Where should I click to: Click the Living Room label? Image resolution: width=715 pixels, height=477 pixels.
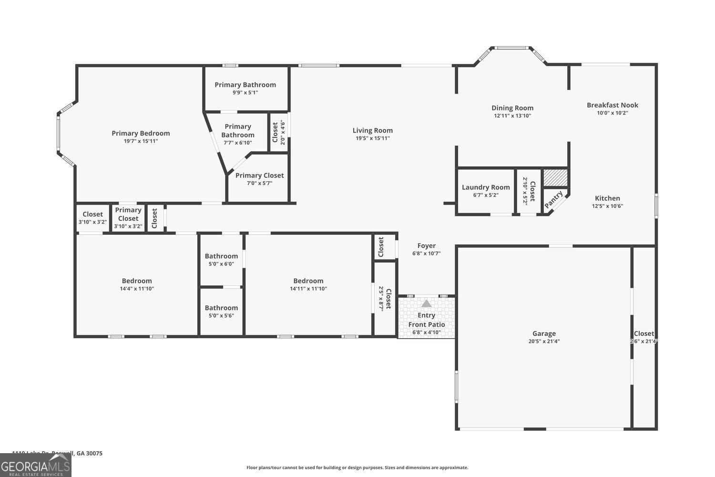(372, 130)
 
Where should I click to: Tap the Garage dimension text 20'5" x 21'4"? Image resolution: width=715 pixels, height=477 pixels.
(544, 342)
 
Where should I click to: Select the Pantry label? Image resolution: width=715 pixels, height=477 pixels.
(554, 199)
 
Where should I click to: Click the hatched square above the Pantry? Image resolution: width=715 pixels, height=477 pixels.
(556, 178)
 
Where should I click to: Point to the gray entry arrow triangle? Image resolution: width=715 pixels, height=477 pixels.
(426, 303)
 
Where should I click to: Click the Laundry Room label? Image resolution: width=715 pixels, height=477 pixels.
(485, 187)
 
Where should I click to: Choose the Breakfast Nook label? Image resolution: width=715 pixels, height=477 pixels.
(612, 105)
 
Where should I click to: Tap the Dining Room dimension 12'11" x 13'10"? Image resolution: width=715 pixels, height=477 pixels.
(512, 116)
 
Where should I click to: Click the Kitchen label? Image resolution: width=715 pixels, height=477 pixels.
(607, 198)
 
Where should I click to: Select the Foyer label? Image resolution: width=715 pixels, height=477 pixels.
(426, 246)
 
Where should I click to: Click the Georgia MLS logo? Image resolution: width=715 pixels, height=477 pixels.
(35, 465)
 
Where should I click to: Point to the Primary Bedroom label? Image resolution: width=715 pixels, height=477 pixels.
(141, 134)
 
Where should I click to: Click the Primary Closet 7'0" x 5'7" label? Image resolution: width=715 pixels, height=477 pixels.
(259, 176)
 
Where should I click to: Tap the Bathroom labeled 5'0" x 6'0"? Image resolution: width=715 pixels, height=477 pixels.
(221, 256)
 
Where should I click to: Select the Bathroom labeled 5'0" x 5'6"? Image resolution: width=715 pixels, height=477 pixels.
(221, 308)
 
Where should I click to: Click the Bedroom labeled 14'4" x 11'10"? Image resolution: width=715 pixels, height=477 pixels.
(137, 281)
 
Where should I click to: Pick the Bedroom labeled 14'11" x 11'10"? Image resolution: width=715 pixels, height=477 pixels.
(308, 281)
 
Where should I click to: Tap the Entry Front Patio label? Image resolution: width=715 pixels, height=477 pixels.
(426, 320)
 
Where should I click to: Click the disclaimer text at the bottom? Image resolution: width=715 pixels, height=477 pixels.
(357, 468)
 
